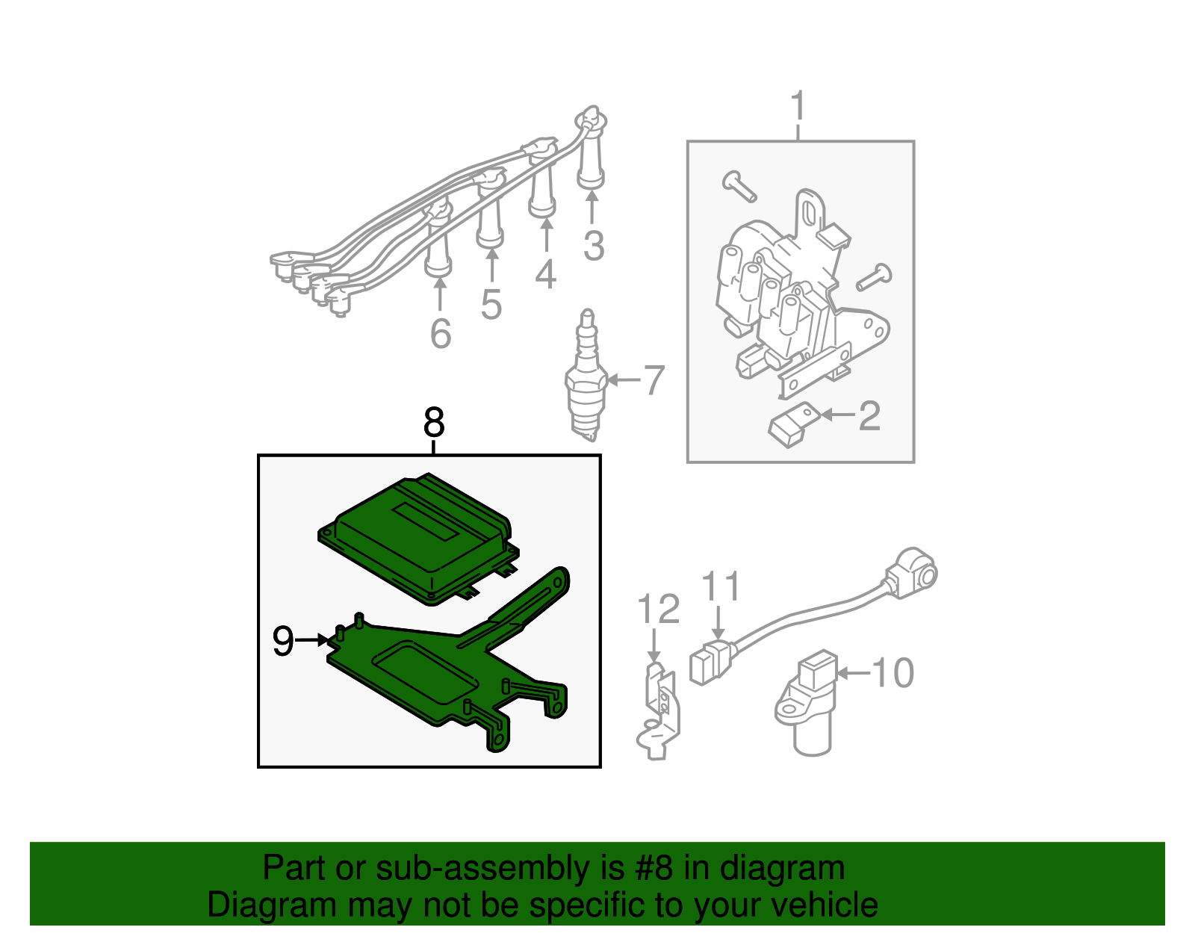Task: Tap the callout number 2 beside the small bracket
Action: click(x=869, y=415)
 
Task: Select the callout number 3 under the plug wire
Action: click(x=594, y=246)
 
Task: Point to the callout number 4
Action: click(x=545, y=274)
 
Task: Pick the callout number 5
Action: click(x=491, y=305)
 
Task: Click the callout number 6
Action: click(x=441, y=334)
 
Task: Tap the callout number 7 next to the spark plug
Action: click(x=654, y=380)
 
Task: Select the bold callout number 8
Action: click(x=434, y=423)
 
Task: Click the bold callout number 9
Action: click(x=283, y=641)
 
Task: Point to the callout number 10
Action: click(x=893, y=673)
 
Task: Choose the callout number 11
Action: click(x=721, y=586)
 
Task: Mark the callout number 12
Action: click(x=658, y=609)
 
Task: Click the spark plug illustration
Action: click(x=586, y=375)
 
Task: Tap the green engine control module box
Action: click(x=419, y=539)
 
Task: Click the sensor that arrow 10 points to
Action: click(x=805, y=704)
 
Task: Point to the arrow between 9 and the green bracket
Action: click(x=311, y=640)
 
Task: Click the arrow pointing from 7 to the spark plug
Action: click(x=624, y=380)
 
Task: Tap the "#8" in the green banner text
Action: click(x=654, y=868)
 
